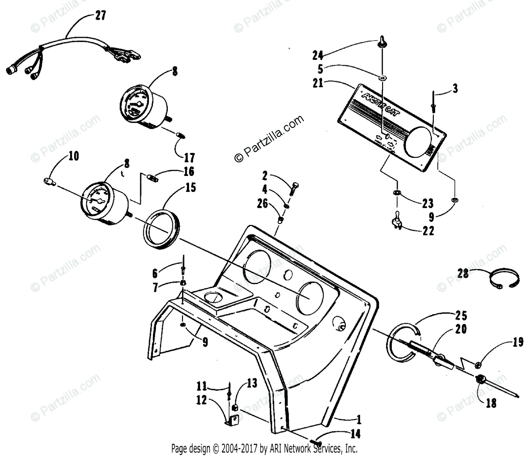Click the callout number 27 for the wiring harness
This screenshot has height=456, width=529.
pos(100,16)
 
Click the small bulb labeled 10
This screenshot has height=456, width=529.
pos(49,180)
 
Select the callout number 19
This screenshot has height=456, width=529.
pos(518,342)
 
